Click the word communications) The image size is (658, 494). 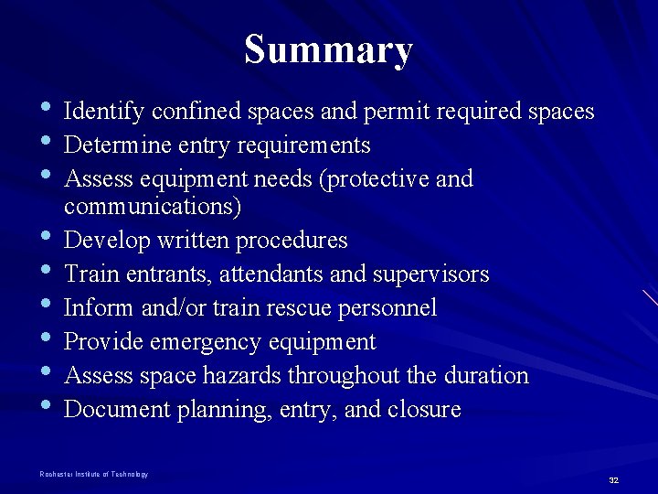coord(153,207)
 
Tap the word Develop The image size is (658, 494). coord(102,241)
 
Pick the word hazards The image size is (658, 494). coord(242,376)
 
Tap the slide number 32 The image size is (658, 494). coord(613,479)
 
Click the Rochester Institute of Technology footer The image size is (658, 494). coord(93,474)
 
